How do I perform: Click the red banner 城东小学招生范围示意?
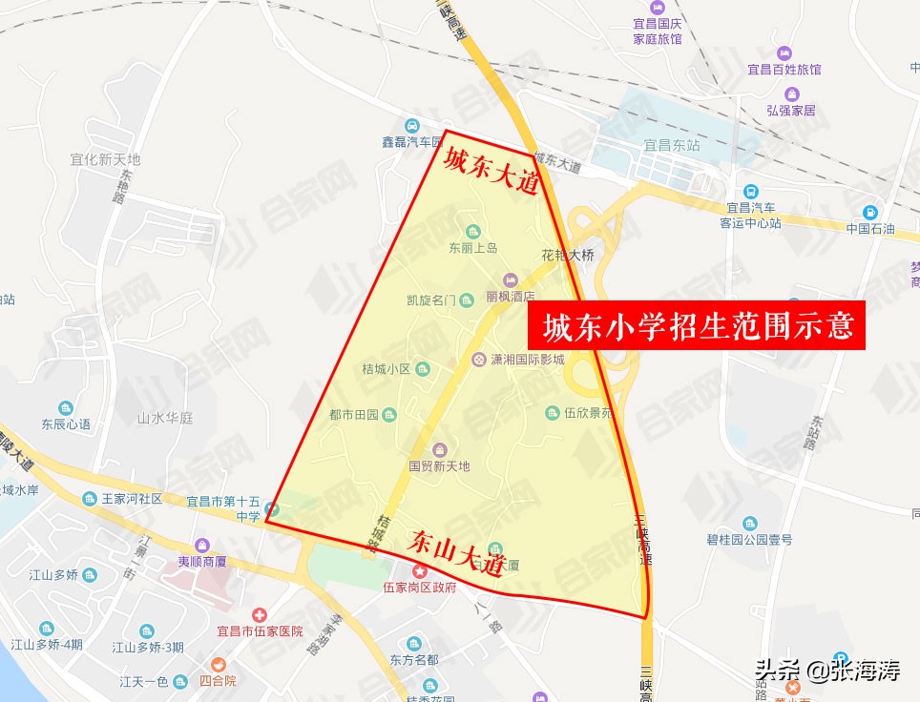pos(697,327)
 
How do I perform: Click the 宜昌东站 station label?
pos(671,145)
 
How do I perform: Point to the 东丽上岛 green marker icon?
pos(473,231)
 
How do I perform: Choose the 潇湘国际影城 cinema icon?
pos(478,360)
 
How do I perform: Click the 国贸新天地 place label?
pos(439,466)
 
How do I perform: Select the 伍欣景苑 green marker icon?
pos(552,413)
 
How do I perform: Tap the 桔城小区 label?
pos(386,369)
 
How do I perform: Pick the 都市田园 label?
pos(353,415)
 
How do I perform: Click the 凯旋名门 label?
pos(431,300)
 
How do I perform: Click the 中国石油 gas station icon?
pos(869,212)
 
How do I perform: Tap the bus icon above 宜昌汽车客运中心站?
pos(752,191)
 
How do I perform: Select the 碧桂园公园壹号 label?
pos(749,539)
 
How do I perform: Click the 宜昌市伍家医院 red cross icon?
pos(257,616)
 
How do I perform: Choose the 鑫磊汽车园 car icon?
pos(411,126)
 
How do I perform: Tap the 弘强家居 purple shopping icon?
pos(791,93)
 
